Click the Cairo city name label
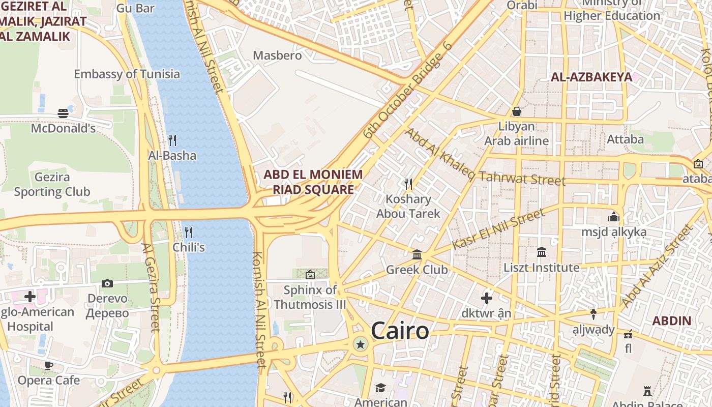pyautogui.click(x=400, y=331)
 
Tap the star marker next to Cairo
pyautogui.click(x=361, y=344)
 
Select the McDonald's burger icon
pyautogui.click(x=63, y=113)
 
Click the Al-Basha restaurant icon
pyautogui.click(x=172, y=140)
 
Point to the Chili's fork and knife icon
pyautogui.click(x=189, y=232)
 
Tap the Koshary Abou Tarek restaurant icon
pyautogui.click(x=408, y=184)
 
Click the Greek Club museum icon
pyautogui.click(x=417, y=254)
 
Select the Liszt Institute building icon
pyautogui.click(x=541, y=252)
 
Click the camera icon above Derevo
pyautogui.click(x=107, y=283)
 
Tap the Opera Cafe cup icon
pyautogui.click(x=49, y=365)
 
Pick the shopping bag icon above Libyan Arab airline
pyautogui.click(x=517, y=111)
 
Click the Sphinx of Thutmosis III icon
pyautogui.click(x=310, y=275)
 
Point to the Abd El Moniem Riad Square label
pyautogui.click(x=313, y=182)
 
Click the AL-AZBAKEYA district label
pyautogui.click(x=591, y=77)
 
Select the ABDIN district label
pyautogui.click(x=671, y=321)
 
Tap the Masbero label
pyautogui.click(x=277, y=55)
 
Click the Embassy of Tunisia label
pyautogui.click(x=127, y=74)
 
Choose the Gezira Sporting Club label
pyautogui.click(x=52, y=185)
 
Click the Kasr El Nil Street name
pyautogui.click(x=498, y=229)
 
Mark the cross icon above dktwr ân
pyautogui.click(x=487, y=298)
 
